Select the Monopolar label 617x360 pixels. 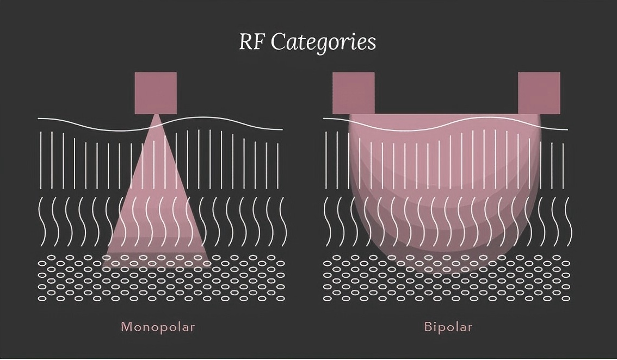point(157,327)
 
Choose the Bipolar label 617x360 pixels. point(447,327)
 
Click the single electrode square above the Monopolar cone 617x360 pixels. point(156,93)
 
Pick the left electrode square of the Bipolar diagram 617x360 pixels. point(354,93)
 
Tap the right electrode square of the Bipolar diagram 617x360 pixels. point(539,93)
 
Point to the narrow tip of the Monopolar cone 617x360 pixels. point(156,116)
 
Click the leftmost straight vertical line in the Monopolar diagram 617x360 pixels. point(41,153)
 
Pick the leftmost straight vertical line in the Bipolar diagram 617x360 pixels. point(326,153)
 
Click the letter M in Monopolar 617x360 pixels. point(126,327)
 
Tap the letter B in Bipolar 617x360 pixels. point(428,327)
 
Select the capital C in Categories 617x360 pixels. point(277,42)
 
